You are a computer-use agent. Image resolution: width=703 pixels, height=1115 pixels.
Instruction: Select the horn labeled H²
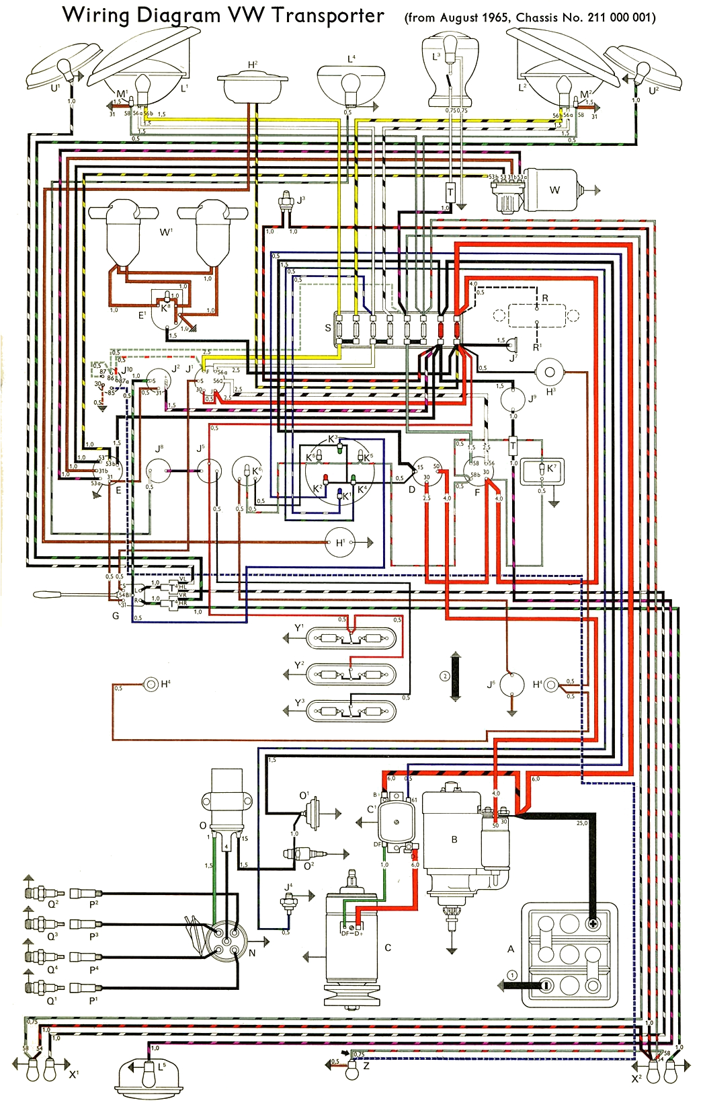(252, 86)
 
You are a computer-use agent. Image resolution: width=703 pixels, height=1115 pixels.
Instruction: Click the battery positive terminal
(593, 923)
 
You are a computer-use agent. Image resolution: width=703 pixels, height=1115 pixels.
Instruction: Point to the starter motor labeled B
(454, 841)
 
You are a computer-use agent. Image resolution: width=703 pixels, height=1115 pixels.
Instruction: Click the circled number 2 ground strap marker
(444, 676)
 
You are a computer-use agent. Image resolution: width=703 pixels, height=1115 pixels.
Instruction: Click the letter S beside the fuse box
(328, 328)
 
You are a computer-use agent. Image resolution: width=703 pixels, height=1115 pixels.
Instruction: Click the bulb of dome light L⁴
(349, 84)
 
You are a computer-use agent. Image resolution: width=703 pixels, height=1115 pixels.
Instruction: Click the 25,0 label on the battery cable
(582, 822)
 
